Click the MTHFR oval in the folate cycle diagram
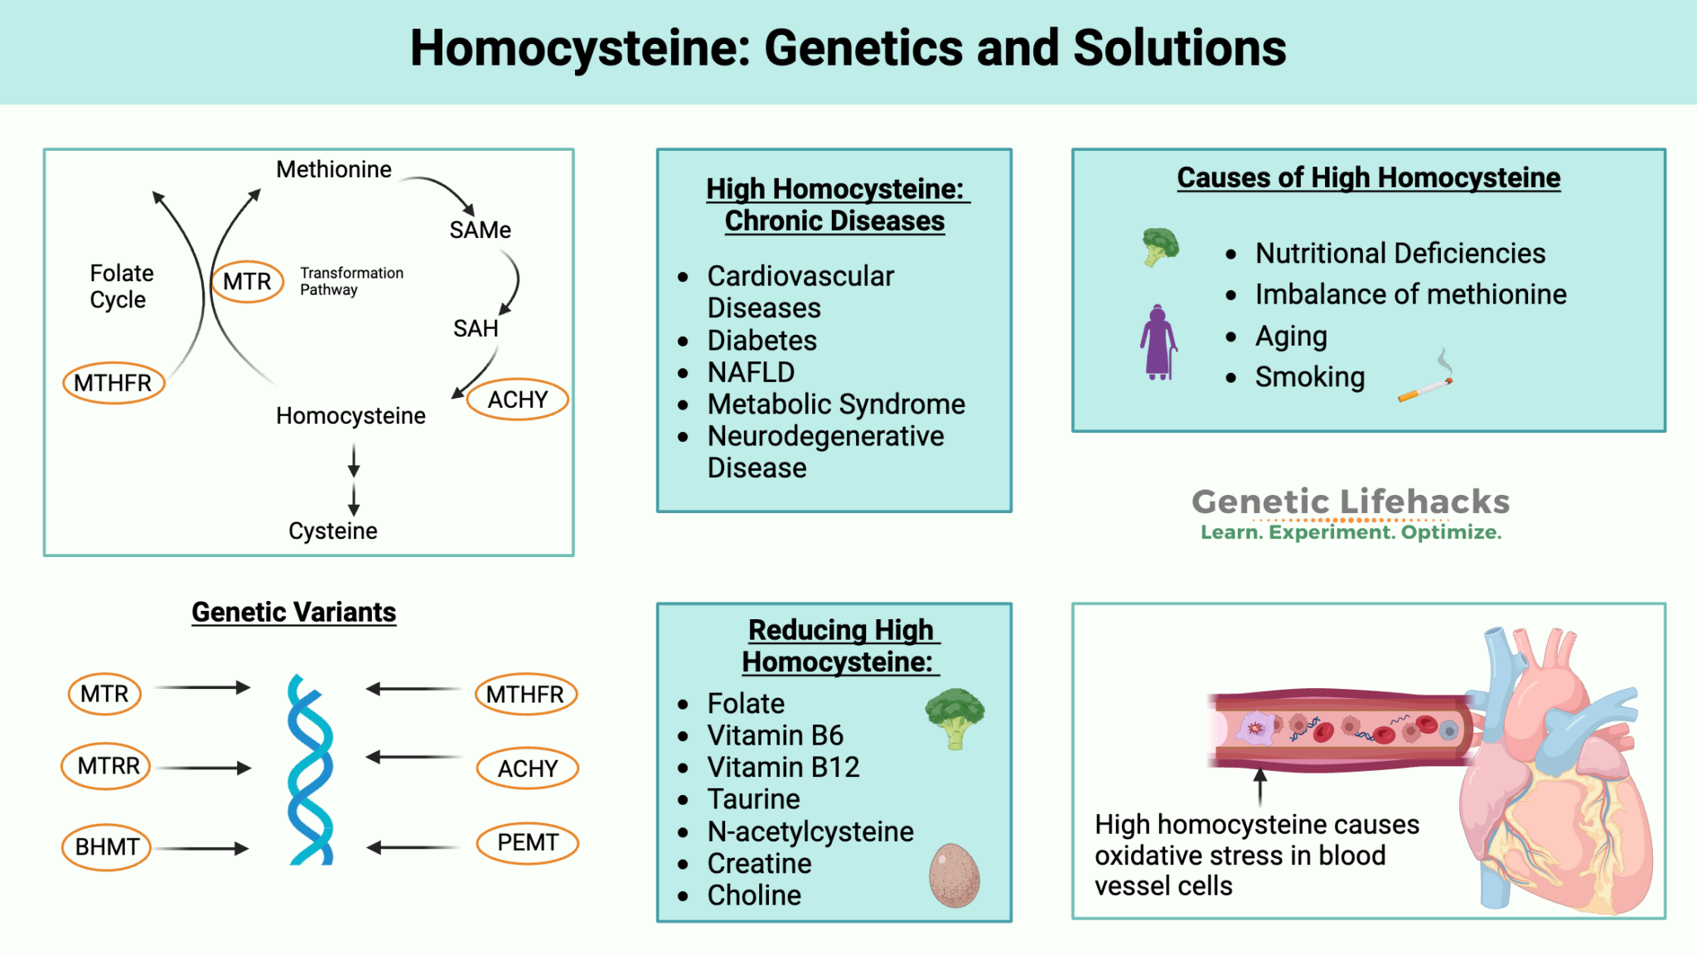(x=114, y=383)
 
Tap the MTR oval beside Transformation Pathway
(x=247, y=282)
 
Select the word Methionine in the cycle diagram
(x=333, y=170)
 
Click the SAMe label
(x=480, y=230)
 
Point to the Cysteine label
(x=332, y=531)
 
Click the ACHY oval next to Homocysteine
(x=517, y=400)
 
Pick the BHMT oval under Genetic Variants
(x=106, y=846)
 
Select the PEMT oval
(x=527, y=843)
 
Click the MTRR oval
(x=108, y=766)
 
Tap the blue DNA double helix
(x=310, y=771)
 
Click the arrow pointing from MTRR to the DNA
(x=203, y=768)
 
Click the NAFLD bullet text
(x=750, y=372)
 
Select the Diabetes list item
(x=761, y=341)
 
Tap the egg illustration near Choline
(x=954, y=875)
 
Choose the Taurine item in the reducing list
(x=752, y=799)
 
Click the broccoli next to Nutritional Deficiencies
(x=1160, y=246)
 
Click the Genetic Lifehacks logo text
(x=1350, y=502)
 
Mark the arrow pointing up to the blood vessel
(x=1259, y=786)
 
